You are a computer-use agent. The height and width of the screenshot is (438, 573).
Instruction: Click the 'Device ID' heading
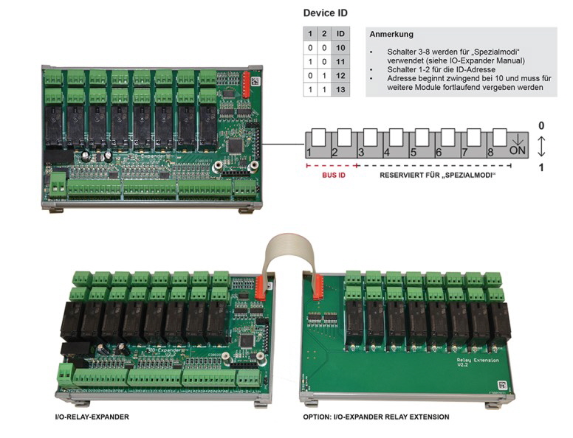[x=326, y=13]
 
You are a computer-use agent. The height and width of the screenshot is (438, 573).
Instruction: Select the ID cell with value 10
[x=340, y=46]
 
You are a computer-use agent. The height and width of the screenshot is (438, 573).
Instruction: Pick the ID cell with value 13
[x=340, y=88]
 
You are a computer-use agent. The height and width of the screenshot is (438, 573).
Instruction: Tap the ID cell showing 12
[x=340, y=74]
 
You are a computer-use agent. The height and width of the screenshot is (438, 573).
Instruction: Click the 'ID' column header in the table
[x=340, y=33]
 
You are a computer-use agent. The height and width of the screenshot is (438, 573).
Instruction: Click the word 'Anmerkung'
[x=392, y=34]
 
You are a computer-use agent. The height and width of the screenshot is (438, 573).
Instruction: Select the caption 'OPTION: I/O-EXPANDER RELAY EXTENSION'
[x=376, y=417]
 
